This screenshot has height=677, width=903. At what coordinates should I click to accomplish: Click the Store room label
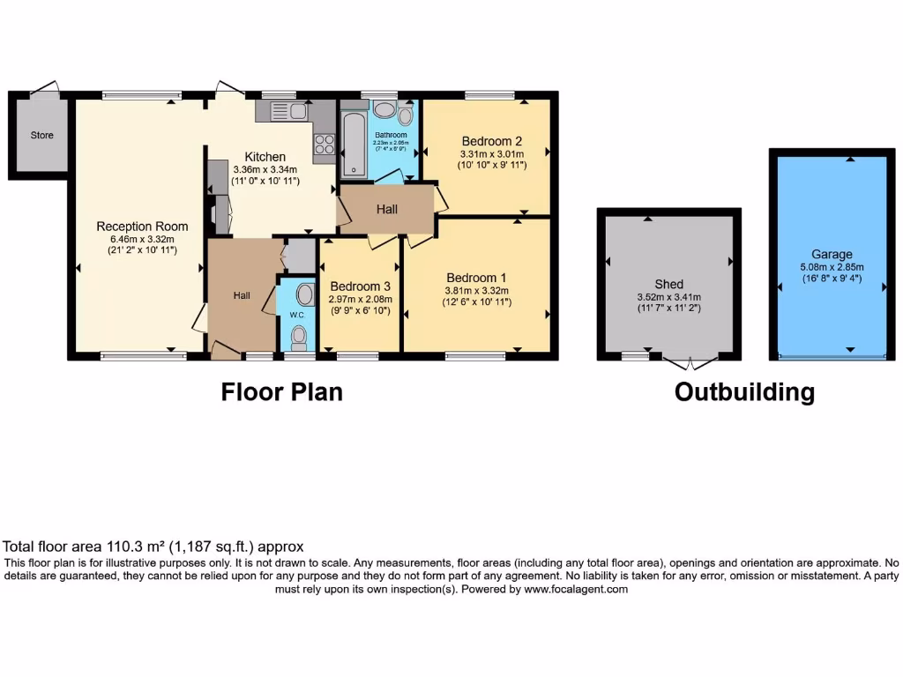click(41, 135)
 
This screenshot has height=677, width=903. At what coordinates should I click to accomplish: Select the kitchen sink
click(281, 111)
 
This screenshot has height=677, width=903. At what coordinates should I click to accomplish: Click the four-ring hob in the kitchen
click(324, 143)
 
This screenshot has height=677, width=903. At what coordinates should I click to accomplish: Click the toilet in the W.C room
click(299, 335)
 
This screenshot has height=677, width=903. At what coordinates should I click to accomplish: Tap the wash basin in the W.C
click(305, 294)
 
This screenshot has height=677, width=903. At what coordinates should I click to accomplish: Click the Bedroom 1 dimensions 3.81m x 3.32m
click(476, 290)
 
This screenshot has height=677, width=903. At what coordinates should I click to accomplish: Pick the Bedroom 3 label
click(360, 286)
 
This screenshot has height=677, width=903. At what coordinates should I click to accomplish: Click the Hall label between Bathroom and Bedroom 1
click(387, 209)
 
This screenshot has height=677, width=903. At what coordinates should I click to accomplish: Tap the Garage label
click(832, 255)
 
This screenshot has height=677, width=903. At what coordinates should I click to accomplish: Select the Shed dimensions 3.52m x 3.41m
click(668, 297)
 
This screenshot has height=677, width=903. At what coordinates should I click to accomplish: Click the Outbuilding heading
click(744, 392)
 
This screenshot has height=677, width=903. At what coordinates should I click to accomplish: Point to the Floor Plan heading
click(281, 391)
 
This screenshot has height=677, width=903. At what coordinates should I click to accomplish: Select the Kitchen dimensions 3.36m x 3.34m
click(265, 169)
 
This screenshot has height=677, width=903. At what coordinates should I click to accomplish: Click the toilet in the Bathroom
click(405, 115)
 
